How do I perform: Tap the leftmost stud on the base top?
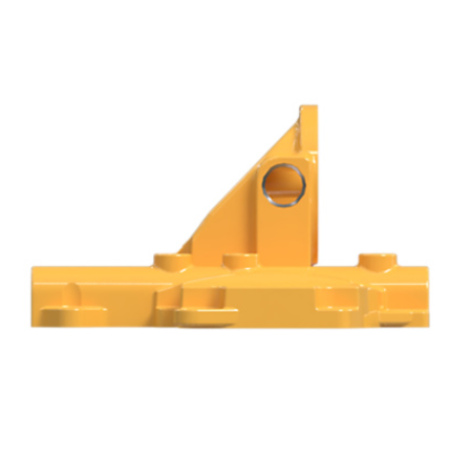coord(167,257)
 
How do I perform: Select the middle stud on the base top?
coord(239,259)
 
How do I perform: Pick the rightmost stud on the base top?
coord(377,258)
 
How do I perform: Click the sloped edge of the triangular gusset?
coord(241,179)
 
